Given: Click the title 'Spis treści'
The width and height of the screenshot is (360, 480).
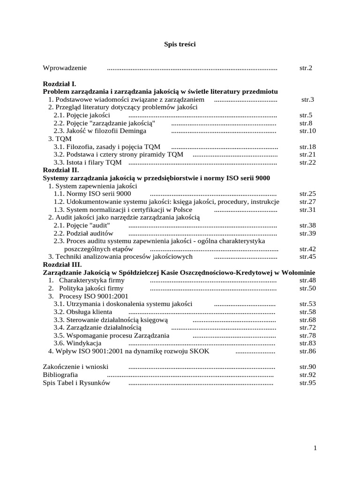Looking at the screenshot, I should coord(180,44).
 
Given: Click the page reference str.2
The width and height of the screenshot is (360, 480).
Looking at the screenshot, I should coord(306,68).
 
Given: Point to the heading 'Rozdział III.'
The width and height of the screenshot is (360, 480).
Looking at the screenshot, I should coord(62,265).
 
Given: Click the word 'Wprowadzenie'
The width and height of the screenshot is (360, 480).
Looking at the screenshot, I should coord(65,68).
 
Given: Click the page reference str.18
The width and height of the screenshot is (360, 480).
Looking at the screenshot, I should coord(307,147).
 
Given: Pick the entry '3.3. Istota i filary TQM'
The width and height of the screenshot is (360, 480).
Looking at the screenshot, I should coord(87,163).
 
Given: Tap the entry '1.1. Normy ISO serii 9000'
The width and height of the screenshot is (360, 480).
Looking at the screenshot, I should coord(92,194).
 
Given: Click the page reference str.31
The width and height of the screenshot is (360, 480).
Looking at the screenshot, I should coord(307,210).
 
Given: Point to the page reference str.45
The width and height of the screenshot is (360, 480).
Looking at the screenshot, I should coord(307,257).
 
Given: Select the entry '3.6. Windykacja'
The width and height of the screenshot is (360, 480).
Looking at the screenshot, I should coord(77,344).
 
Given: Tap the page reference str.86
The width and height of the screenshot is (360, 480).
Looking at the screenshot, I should coord(307,351).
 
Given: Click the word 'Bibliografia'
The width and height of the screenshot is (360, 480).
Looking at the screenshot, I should coord(60,375).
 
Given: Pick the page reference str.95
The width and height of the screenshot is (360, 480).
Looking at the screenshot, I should coord(307,383).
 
